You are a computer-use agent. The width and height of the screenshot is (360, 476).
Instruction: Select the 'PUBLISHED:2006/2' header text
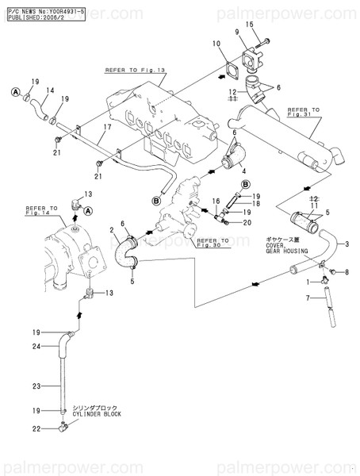click(33, 15)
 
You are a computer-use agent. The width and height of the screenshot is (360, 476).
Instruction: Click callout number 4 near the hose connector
click(243, 171)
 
